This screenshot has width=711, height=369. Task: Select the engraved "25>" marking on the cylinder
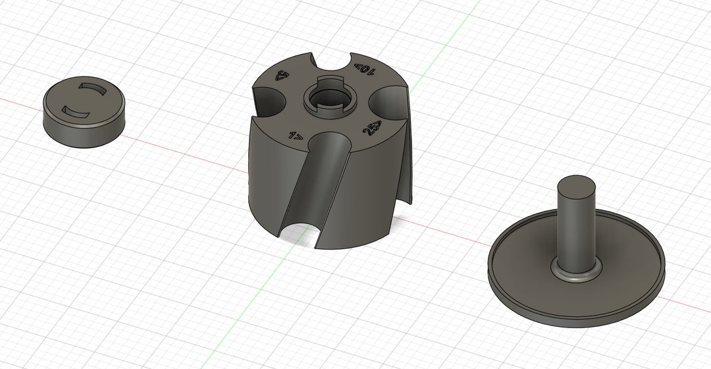(x=373, y=129)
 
